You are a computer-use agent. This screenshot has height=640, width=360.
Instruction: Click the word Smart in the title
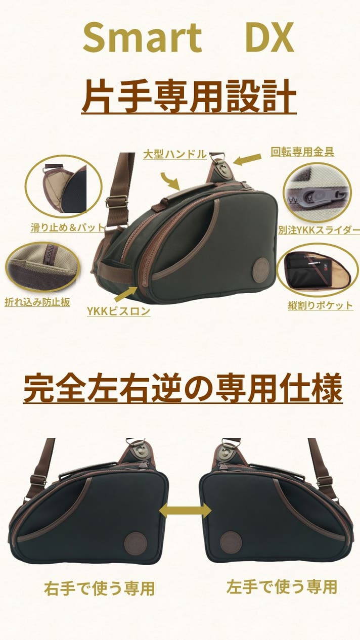point(142,38)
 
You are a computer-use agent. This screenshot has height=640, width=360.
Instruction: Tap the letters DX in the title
point(270,37)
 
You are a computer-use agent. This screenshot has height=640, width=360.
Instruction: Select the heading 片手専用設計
point(189,96)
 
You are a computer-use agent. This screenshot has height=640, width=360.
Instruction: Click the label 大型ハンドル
point(175,154)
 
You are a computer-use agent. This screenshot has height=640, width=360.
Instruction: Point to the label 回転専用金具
point(302,152)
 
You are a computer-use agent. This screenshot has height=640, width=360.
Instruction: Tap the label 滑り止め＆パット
point(67,227)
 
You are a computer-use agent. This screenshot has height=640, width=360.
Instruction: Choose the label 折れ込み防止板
point(37,302)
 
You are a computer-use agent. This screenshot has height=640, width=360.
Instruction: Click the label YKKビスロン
point(119,311)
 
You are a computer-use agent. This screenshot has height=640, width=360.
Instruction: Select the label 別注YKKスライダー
point(319,230)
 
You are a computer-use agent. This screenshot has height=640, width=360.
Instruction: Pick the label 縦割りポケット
point(321,305)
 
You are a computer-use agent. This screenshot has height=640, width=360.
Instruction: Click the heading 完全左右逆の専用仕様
point(183,388)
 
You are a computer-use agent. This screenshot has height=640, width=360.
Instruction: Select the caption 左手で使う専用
point(282,586)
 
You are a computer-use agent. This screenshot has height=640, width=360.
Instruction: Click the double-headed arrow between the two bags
point(185,511)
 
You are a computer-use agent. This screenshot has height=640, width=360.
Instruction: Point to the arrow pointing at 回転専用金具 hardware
point(247,159)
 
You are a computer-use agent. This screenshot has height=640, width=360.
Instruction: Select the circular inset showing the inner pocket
point(317,270)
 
